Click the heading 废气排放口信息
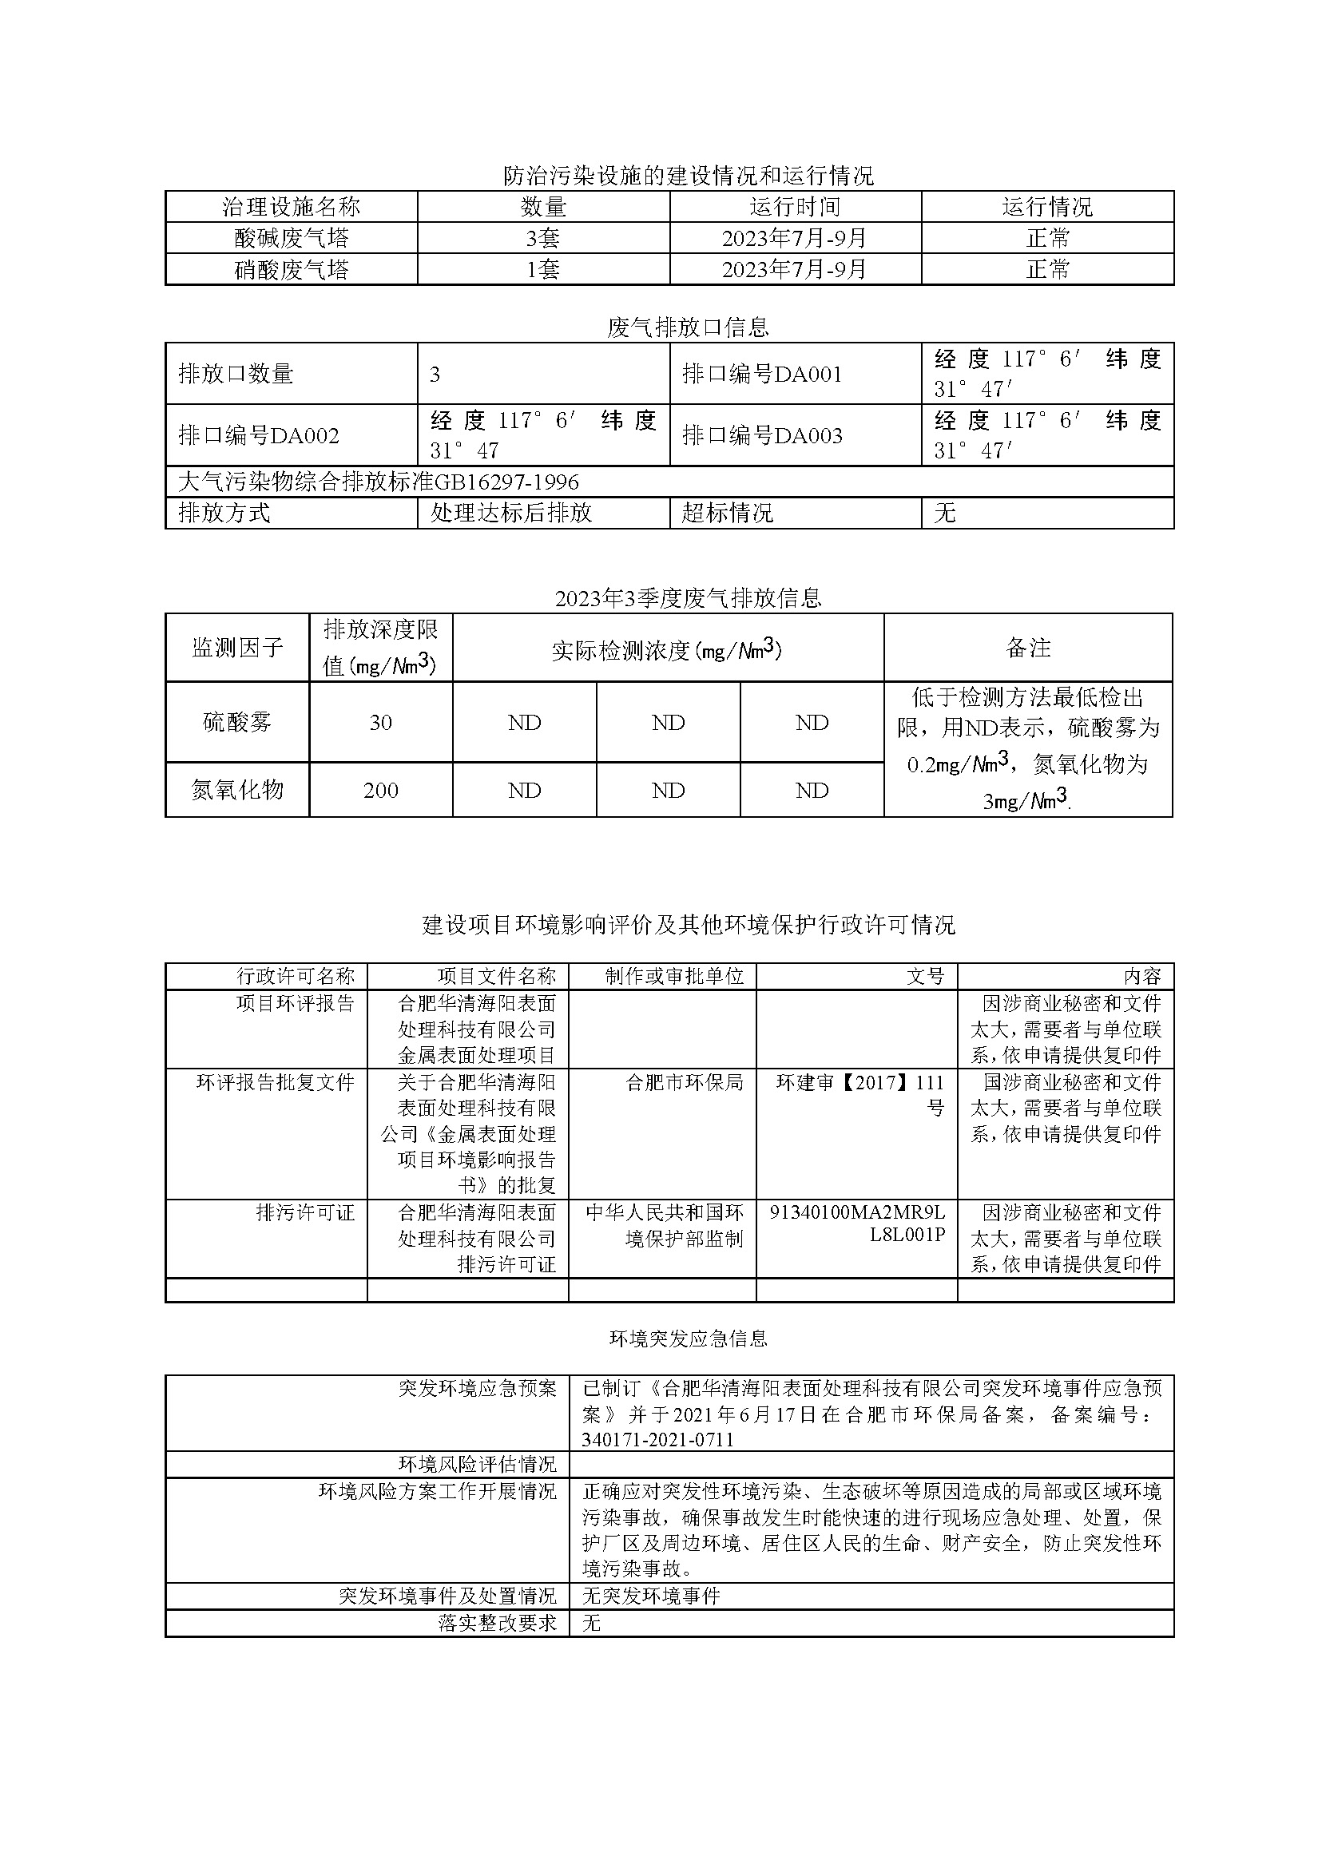tap(687, 328)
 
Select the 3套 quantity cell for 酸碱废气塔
tap(543, 239)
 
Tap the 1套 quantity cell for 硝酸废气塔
tap(543, 269)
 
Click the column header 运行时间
tap(795, 207)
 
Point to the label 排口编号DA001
tap(762, 375)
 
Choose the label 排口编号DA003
tap(762, 436)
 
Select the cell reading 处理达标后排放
tap(510, 513)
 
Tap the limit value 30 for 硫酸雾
tap(380, 723)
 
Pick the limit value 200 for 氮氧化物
tap(380, 791)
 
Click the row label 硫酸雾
tap(237, 723)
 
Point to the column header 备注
tap(1028, 648)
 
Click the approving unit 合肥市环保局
tap(684, 1082)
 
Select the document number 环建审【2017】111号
tap(859, 1095)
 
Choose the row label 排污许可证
tap(305, 1213)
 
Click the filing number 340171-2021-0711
tap(657, 1440)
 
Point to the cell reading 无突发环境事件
tap(651, 1596)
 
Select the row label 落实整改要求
tap(497, 1623)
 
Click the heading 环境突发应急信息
tap(688, 1339)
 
